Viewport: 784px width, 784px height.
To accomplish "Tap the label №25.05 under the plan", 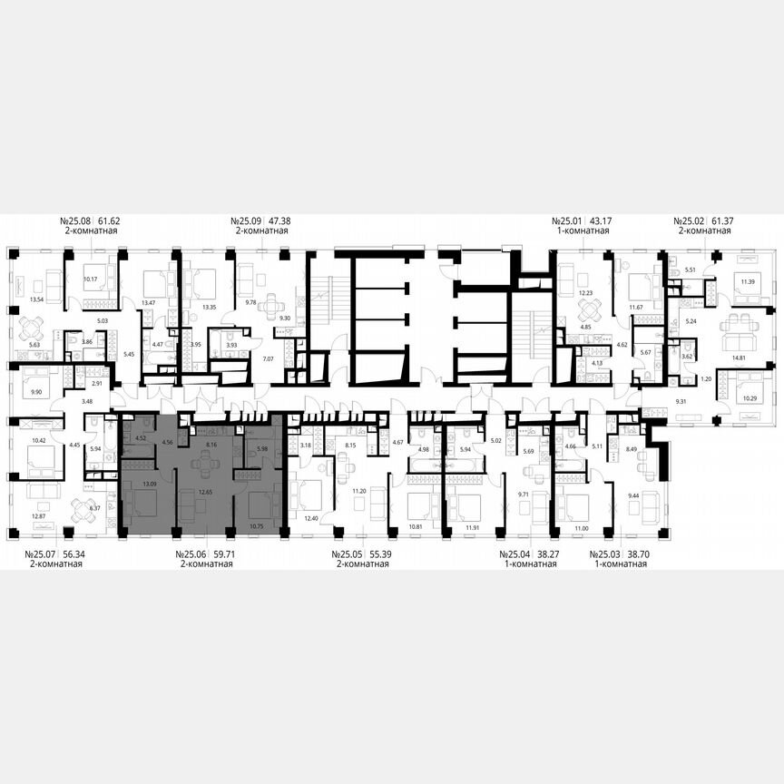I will [348, 554].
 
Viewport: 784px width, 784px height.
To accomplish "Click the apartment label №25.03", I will [606, 554].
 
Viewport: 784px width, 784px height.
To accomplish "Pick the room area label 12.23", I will [588, 292].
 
